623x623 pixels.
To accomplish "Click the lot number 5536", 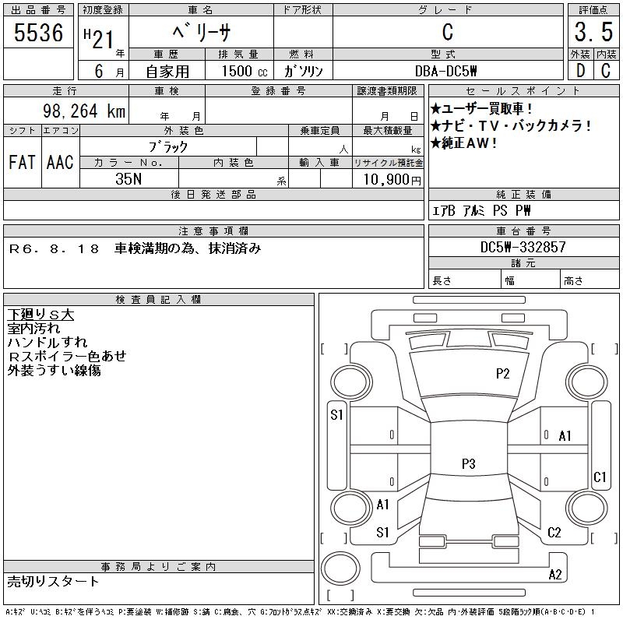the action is pos(39,33).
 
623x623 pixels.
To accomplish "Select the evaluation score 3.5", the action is pos(592,33).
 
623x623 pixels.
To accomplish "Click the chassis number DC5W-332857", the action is pos(523,248).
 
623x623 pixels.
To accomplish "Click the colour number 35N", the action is pos(129,179).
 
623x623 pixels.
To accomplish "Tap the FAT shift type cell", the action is pos(21,162).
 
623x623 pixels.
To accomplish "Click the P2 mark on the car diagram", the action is pos(503,374).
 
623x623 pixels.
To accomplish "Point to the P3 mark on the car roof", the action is pos(468,464).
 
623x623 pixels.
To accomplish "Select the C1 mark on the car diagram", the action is pos(600,477).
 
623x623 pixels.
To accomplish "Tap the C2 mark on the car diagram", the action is pos(554,533).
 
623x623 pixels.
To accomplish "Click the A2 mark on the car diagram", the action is pos(555,575).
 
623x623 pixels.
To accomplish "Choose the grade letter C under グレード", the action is pos(447,33).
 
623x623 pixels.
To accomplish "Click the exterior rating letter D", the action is pos(579,71).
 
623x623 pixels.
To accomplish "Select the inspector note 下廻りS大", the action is pos(40,315).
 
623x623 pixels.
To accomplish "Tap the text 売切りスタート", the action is pos(53,582).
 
